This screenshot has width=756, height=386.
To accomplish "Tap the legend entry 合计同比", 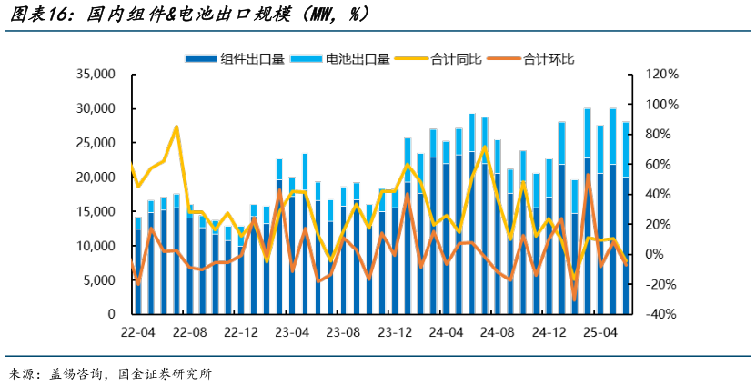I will tap(463, 59).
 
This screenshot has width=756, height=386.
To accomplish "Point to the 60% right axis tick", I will tap(659, 164).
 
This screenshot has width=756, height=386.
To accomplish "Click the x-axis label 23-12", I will tap(396, 332).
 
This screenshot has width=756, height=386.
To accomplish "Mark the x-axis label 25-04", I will tap(600, 332).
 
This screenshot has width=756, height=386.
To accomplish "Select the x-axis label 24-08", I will tap(498, 332).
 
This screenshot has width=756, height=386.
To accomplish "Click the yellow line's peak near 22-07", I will tap(176, 127).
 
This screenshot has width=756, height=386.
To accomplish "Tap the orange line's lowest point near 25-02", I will tap(574, 299).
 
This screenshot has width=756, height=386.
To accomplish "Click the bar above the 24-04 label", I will tap(446, 228).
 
